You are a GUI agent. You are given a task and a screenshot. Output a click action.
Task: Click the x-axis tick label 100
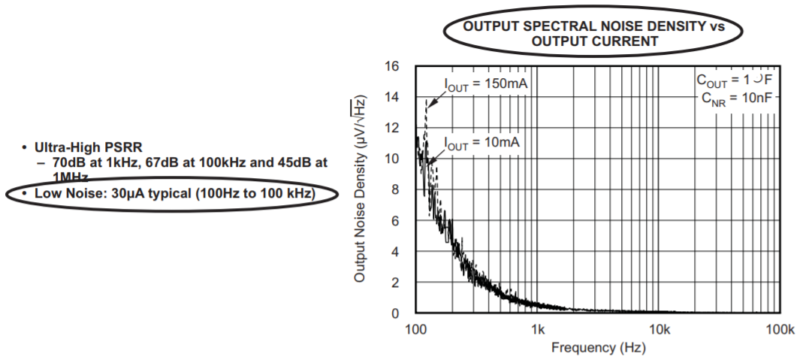click(x=415, y=330)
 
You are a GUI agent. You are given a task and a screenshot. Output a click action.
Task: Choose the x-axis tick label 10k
click(x=659, y=330)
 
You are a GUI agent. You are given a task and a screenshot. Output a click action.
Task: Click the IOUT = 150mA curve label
click(x=486, y=84)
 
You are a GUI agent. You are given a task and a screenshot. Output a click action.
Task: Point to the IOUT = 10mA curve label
click(x=482, y=143)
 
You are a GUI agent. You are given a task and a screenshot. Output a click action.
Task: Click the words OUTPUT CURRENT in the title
click(x=594, y=41)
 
